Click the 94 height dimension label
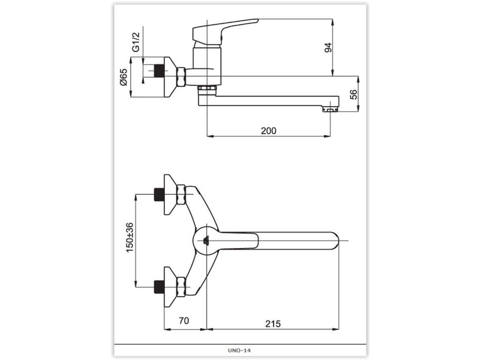point(328,48)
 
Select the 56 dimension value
point(353,94)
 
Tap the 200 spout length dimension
point(269,131)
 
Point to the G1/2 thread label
point(135,42)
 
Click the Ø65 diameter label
point(123,77)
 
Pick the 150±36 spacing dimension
point(130,238)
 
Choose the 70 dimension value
point(184,321)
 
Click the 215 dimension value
point(273,323)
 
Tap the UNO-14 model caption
point(239,351)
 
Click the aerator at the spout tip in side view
point(330,109)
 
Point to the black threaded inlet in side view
point(159,71)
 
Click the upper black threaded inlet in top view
point(158,195)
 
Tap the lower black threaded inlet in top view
point(158,287)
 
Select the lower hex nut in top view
point(181,287)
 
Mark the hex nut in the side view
point(181,77)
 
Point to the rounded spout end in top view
point(334,241)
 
